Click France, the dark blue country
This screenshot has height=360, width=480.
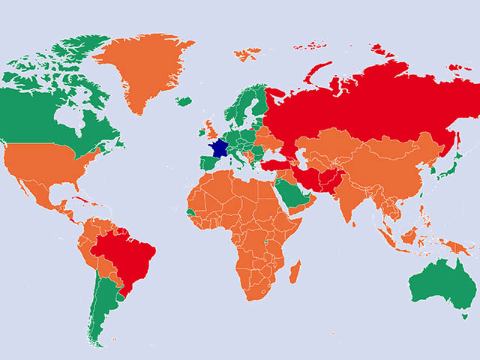[x=221, y=147]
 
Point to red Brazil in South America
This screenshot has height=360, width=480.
[x=127, y=255]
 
